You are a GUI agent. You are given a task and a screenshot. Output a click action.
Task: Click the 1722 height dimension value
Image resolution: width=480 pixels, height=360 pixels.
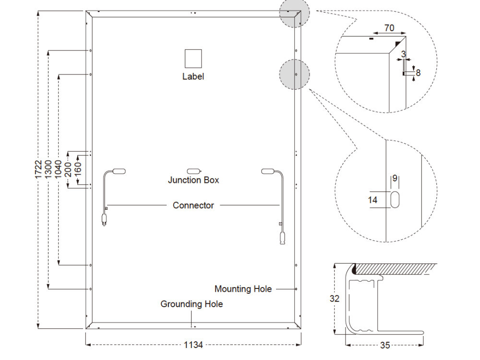coord(38,169)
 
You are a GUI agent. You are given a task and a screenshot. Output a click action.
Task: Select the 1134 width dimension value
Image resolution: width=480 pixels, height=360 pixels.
coord(193,345)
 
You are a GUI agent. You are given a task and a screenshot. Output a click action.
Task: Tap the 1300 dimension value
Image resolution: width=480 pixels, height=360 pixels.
coord(48,169)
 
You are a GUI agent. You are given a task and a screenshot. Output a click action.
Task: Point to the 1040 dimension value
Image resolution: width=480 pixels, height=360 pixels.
coord(58,169)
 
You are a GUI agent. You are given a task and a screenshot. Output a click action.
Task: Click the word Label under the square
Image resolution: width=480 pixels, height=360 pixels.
coord(193,76)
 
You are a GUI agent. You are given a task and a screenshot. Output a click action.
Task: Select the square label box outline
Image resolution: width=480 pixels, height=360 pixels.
coord(193,59)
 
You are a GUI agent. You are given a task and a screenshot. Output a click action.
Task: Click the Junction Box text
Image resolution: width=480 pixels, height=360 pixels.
coord(193,180)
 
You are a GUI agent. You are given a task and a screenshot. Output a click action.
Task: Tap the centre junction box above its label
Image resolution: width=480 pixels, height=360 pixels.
coord(194,171)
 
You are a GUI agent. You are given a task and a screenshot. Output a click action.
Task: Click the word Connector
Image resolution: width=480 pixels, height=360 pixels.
coord(193,205)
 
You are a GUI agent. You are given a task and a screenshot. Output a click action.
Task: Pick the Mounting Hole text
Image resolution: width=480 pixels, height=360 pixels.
coord(243,289)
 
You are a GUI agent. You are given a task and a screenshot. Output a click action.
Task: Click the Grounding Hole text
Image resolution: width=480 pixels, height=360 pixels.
coord(192,304)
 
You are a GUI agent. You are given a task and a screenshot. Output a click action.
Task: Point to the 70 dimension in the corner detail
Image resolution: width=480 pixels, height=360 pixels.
coord(389,28)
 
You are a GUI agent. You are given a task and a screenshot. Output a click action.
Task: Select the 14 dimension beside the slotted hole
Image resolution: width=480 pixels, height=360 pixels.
coord(372,200)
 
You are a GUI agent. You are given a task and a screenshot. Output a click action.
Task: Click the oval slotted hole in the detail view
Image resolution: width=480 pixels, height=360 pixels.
coord(395,200)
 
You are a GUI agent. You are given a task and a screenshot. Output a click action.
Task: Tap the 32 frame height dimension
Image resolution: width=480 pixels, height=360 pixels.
coord(335,299)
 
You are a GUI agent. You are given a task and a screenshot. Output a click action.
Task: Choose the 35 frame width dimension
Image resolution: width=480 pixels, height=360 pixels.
coord(385,345)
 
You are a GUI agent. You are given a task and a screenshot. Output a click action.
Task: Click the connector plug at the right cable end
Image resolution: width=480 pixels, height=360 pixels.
coord(282,238)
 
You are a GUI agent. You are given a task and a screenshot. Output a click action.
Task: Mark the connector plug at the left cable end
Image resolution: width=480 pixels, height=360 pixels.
coord(104,220)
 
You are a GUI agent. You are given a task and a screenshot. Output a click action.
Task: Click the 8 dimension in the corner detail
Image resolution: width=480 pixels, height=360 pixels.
coord(418,73)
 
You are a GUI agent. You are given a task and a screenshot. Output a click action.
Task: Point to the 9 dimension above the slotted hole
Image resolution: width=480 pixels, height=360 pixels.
coord(395,178)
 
